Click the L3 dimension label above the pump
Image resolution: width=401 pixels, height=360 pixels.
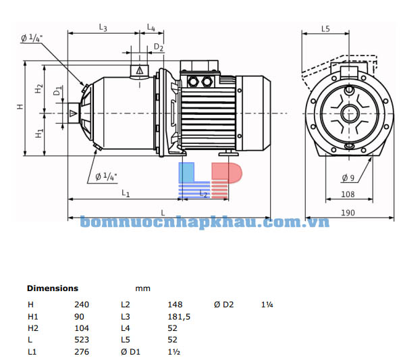(x=103, y=28)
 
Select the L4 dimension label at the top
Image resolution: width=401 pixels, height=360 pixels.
(x=151, y=28)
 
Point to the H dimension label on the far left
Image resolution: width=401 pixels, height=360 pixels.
(x=20, y=107)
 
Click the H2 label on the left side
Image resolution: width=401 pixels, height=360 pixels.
(x=39, y=88)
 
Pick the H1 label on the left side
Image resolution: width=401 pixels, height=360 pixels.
(x=39, y=133)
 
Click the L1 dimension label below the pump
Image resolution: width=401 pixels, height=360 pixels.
(x=126, y=193)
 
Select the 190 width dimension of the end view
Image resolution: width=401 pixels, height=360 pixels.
(x=348, y=213)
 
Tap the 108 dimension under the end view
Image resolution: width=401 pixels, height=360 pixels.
(x=348, y=194)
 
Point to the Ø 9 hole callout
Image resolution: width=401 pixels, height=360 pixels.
(x=348, y=178)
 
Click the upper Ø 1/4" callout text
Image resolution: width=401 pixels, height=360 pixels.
(x=31, y=38)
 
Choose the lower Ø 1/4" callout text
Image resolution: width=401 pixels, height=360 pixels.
(x=106, y=177)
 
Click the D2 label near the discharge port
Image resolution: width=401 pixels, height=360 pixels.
(x=159, y=47)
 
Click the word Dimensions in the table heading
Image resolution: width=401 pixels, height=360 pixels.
(x=53, y=288)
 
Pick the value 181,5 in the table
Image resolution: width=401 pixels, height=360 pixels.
(x=178, y=316)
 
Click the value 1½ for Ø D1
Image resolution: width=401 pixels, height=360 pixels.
(x=173, y=352)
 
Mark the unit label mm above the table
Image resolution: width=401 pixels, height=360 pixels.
(x=142, y=288)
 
